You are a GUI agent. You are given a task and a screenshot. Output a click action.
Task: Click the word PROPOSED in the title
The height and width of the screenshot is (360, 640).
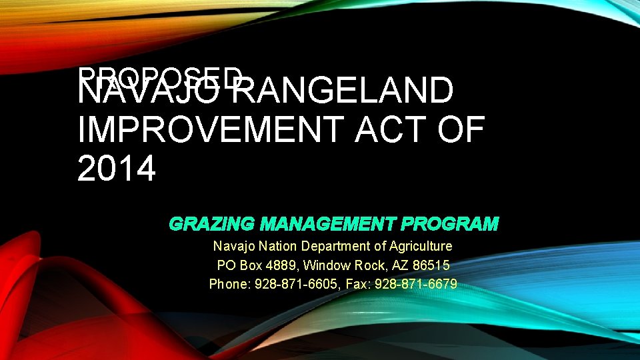coord(160,75)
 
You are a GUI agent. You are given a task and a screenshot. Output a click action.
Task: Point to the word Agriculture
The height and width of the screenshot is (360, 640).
coord(421,247)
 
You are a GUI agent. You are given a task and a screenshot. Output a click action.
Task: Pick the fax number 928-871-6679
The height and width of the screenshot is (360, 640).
coord(416,285)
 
